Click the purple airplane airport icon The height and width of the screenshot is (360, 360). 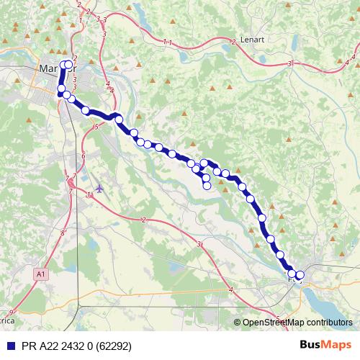coord(99,189)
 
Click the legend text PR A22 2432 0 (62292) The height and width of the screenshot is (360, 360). coord(71,346)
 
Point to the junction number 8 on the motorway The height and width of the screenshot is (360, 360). coord(63,233)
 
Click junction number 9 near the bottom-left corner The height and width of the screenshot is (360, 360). coord(12,312)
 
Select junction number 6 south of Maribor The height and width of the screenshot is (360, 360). coord(84,156)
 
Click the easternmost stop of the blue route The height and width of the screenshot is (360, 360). coord(300,274)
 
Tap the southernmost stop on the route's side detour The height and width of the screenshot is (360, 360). coord(207,186)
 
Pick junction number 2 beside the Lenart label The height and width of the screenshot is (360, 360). coord(234,41)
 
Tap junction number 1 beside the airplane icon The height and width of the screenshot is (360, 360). coord(89,194)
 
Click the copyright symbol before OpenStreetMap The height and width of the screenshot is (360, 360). coord(238,323)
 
